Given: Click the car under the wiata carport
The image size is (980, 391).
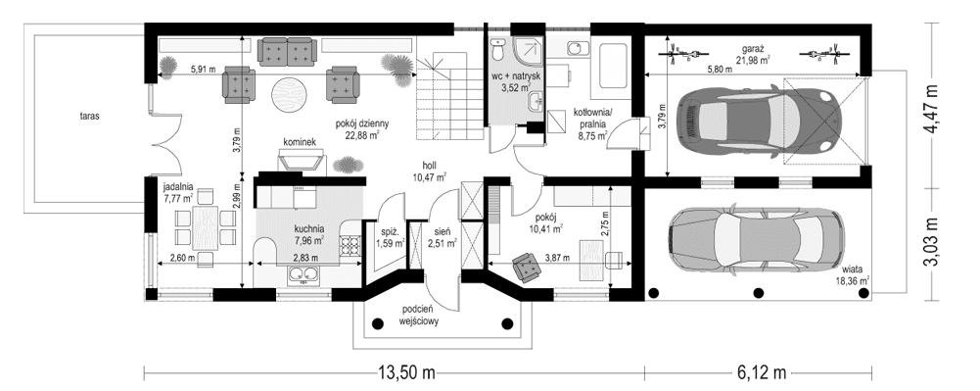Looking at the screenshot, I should point(754,237).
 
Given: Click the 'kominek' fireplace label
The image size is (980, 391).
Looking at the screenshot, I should point(299,142).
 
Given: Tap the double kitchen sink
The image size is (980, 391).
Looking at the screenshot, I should point(303,275).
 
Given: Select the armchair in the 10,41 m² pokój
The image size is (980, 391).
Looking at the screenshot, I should point(526,265).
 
